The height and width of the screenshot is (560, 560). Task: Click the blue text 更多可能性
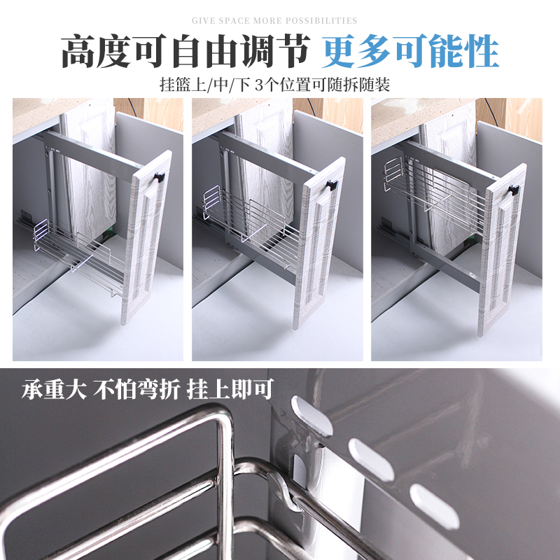click(410, 51)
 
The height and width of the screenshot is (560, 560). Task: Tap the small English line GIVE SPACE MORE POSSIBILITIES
click(274, 21)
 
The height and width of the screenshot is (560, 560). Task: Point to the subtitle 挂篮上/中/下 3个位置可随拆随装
click(274, 85)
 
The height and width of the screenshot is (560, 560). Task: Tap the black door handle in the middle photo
click(331, 185)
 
